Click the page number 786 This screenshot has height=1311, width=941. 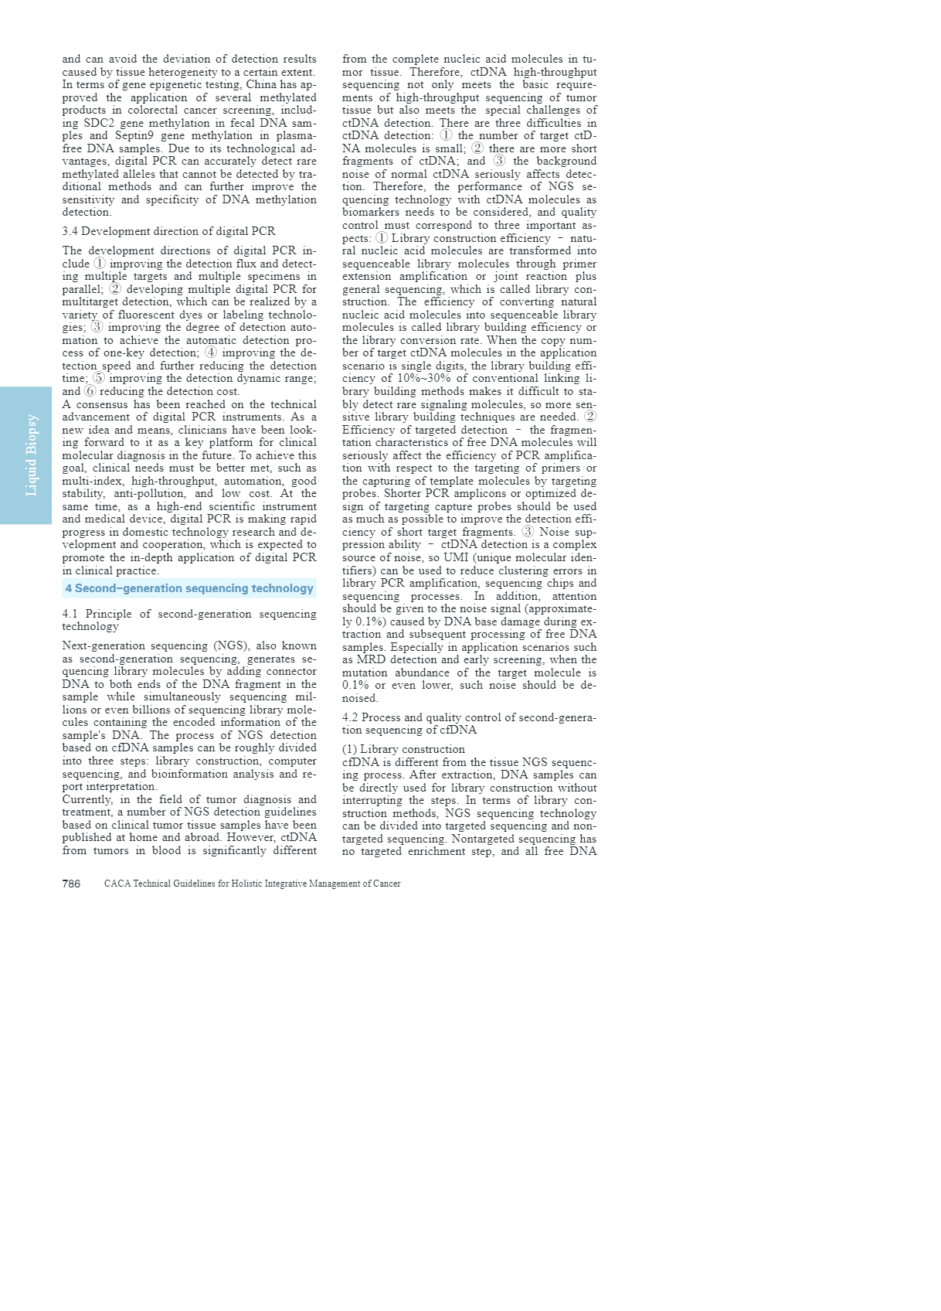71,884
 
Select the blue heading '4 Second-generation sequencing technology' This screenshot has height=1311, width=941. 189,588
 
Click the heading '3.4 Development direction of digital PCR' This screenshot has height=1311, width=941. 168,231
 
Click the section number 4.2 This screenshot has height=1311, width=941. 351,717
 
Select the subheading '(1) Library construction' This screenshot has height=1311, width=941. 403,749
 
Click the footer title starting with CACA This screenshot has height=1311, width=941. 252,884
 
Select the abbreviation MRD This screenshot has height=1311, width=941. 371,660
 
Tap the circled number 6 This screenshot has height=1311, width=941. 90,391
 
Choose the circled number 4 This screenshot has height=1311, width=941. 211,353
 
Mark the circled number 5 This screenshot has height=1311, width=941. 99,379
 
